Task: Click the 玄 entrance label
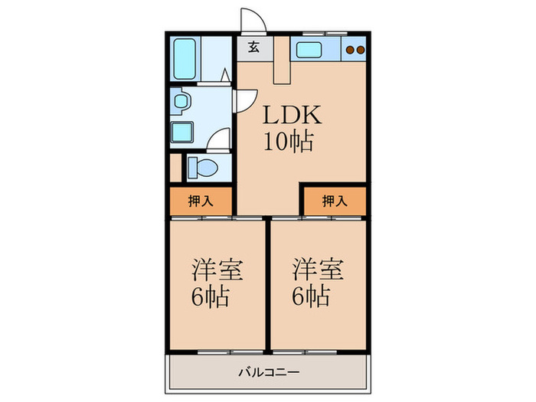pyautogui.click(x=253, y=48)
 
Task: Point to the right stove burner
pyautogui.click(x=359, y=51)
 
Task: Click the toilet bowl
pyautogui.click(x=203, y=166)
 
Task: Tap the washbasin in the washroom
pyautogui.click(x=181, y=100)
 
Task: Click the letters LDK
pyautogui.click(x=287, y=116)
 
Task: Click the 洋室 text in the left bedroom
pyautogui.click(x=217, y=270)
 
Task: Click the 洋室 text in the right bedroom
pyautogui.click(x=317, y=270)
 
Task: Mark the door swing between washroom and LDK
pyautogui.click(x=246, y=100)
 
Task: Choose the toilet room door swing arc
pyautogui.click(x=220, y=139)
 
